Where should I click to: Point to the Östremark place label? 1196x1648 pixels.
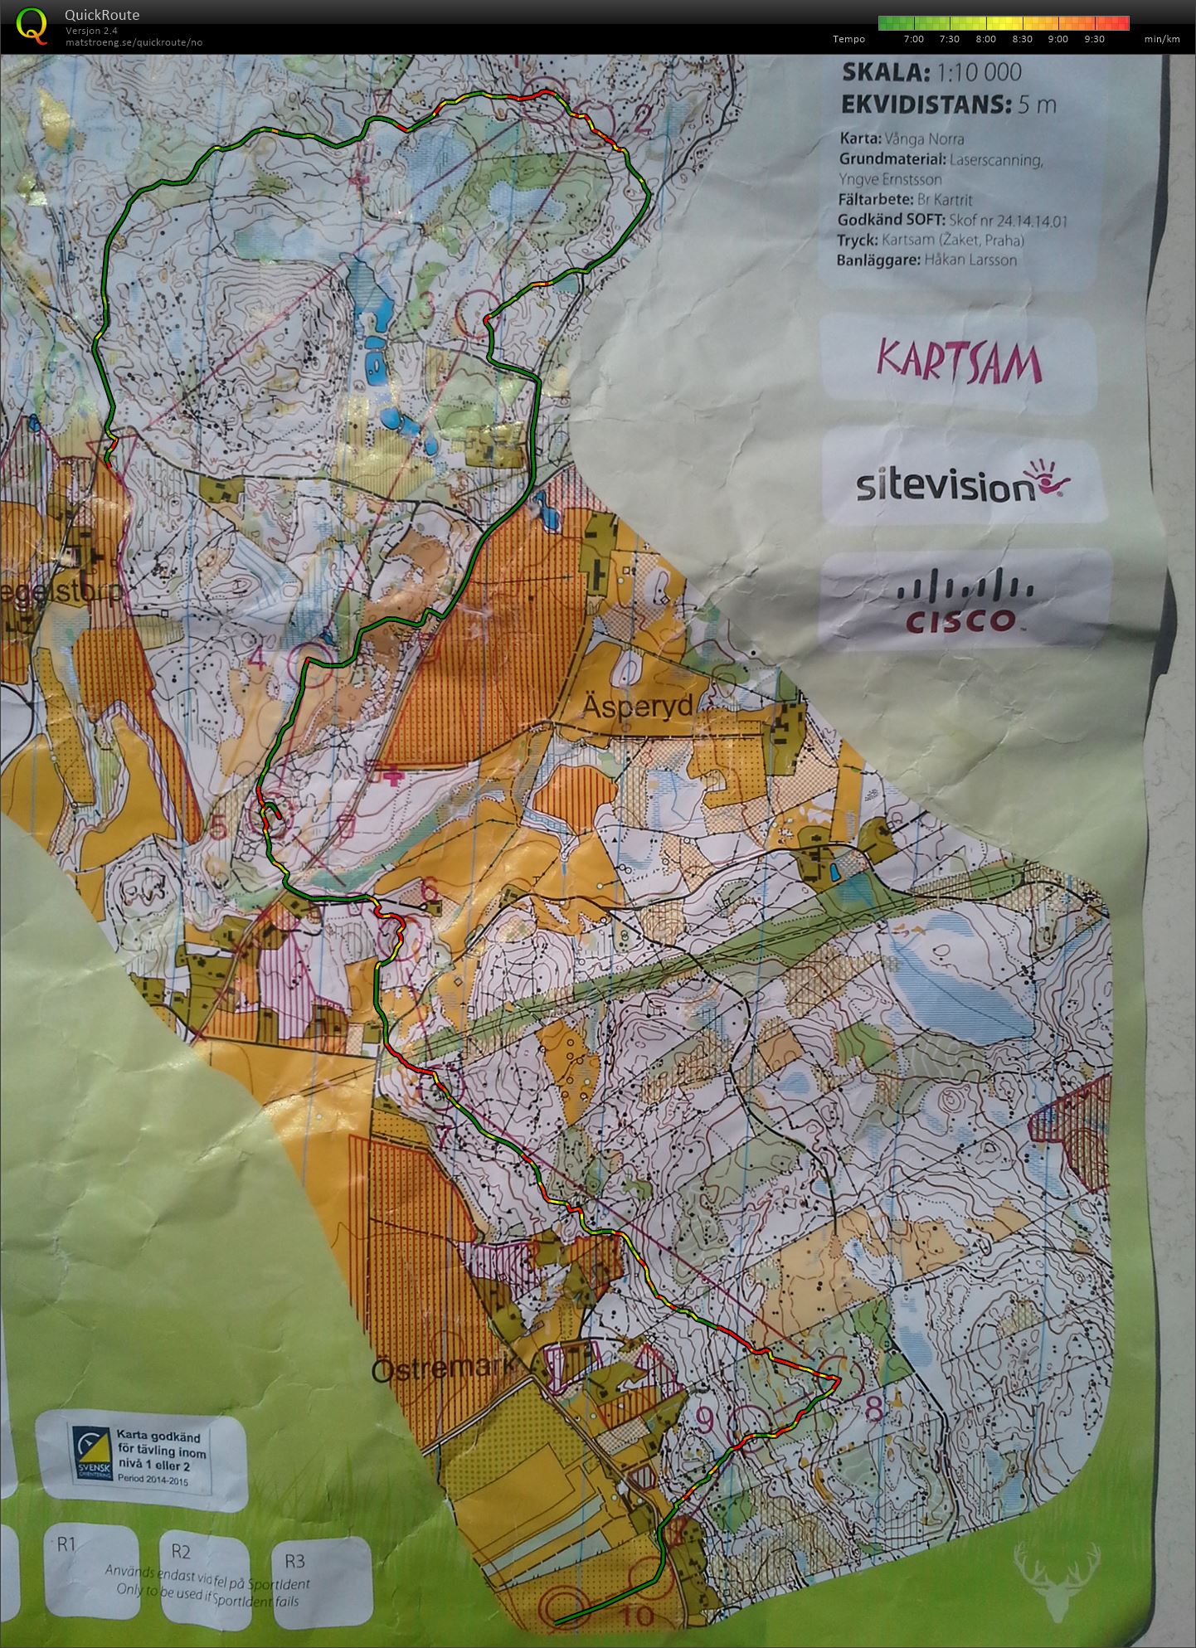(443, 1369)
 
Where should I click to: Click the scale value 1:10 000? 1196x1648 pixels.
(979, 73)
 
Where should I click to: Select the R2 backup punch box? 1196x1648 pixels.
(203, 1574)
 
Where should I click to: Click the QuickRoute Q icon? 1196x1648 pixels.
(32, 25)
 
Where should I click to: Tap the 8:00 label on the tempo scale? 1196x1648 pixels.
(985, 39)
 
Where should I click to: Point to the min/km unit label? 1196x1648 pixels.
(1161, 39)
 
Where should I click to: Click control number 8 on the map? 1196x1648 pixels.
(873, 1407)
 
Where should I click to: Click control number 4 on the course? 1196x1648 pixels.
(258, 660)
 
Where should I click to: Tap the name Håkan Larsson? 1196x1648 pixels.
(975, 260)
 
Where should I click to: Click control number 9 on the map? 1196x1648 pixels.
(705, 1420)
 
